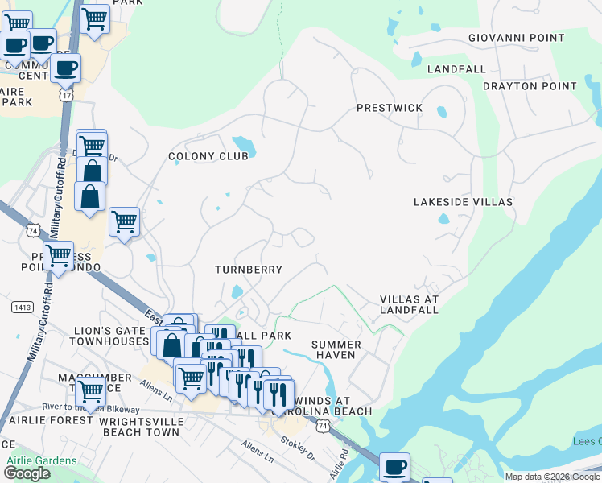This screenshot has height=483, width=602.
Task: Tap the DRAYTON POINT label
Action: coord(530,86)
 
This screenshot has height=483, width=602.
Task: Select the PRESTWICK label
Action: coord(390,107)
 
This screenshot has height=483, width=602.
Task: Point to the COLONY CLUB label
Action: coord(208,156)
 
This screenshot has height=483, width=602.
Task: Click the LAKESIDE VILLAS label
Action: coord(463,202)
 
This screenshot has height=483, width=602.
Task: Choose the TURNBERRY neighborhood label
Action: coord(249,270)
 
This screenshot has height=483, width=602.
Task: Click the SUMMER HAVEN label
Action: coord(336,349)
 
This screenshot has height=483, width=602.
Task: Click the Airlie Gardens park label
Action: coord(41,461)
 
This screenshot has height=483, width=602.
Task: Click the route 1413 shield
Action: coord(22,307)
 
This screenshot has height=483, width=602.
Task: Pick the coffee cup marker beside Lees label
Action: coord(394,467)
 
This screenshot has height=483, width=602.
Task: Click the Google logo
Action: coord(27,473)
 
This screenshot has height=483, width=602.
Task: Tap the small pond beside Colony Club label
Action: coord(248,147)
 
